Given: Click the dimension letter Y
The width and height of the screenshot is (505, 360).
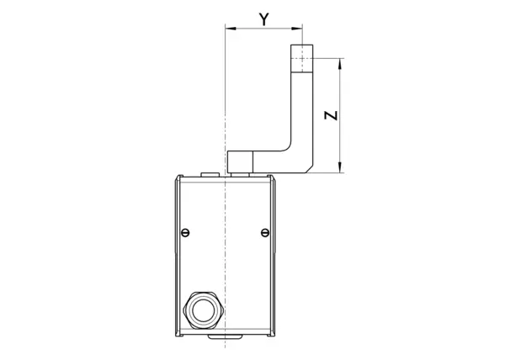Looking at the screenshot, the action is pyautogui.click(x=264, y=19).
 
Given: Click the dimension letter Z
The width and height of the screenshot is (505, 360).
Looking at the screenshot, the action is pyautogui.click(x=331, y=115).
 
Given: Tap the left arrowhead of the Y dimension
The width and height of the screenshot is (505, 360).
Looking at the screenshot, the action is pyautogui.click(x=231, y=29).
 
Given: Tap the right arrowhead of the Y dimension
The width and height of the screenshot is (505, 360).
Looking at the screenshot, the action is pyautogui.click(x=297, y=29).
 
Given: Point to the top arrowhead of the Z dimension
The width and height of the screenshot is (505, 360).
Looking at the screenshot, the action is pyautogui.click(x=340, y=64).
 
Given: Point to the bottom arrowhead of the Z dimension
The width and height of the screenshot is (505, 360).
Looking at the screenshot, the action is pyautogui.click(x=340, y=167).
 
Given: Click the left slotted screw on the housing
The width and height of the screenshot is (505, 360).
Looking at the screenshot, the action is pyautogui.click(x=185, y=232).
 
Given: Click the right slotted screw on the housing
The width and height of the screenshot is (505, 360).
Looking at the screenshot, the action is pyautogui.click(x=265, y=232).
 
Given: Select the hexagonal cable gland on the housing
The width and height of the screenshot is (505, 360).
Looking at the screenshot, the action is pyautogui.click(x=203, y=310).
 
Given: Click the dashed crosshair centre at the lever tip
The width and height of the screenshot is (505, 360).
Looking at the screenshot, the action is pyautogui.click(x=302, y=58).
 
